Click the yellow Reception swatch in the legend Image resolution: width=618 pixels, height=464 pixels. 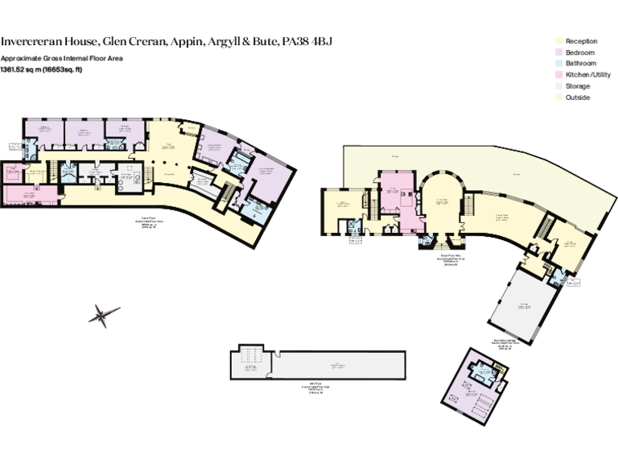coord(557,41)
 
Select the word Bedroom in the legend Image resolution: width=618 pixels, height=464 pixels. coord(579,52)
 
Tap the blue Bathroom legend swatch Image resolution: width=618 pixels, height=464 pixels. coord(557,64)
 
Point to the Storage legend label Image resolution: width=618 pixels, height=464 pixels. coord(577,86)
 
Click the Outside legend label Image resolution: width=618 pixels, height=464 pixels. coord(577,97)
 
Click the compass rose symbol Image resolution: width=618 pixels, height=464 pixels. coord(102,314)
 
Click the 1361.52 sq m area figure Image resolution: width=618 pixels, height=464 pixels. coord(20,69)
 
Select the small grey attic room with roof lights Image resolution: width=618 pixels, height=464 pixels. coord(250,363)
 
